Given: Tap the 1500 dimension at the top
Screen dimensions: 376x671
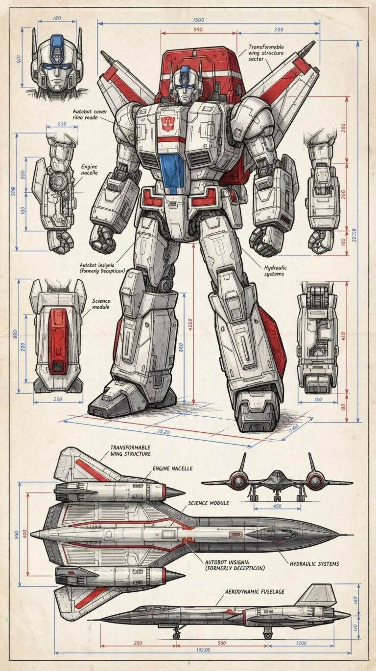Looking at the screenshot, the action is [199, 20].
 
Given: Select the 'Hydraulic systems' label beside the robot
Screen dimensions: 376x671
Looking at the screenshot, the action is [274, 271].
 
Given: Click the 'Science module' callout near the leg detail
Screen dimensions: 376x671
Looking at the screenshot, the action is [101, 304].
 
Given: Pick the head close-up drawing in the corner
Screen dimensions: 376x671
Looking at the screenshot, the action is [54, 64].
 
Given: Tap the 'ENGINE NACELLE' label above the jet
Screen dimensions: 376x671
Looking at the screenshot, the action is [172, 469].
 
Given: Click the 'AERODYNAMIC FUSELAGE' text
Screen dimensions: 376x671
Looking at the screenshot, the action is [255, 592].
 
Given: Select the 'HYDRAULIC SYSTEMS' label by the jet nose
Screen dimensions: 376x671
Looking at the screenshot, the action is [314, 564].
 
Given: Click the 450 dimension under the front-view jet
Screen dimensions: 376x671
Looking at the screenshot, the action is [277, 506].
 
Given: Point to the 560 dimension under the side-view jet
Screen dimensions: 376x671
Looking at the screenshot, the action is [221, 643].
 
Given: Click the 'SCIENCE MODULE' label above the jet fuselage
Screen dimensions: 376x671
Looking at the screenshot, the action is [209, 503].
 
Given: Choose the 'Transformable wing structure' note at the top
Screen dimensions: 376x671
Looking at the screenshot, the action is [266, 53].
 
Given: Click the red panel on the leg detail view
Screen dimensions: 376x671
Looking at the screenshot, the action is [58, 335].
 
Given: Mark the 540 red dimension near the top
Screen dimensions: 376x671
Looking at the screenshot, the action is [198, 30].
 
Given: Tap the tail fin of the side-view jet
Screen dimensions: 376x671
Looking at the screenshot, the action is [318, 596].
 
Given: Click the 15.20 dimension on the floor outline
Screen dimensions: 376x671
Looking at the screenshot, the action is [164, 432].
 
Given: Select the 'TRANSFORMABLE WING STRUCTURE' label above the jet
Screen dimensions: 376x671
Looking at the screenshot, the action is [130, 450].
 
